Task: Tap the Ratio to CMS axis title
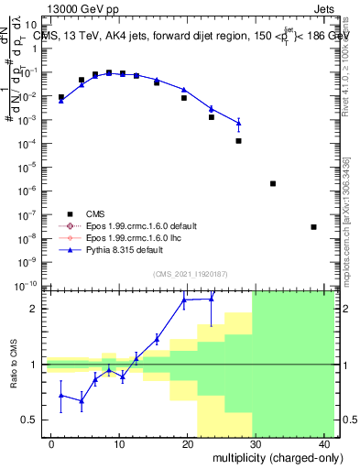tap(16, 364)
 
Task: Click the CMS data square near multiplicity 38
tap(313, 227)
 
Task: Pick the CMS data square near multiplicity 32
tap(273, 183)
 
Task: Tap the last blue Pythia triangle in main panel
tap(239, 122)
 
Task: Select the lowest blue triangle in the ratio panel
tap(82, 400)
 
